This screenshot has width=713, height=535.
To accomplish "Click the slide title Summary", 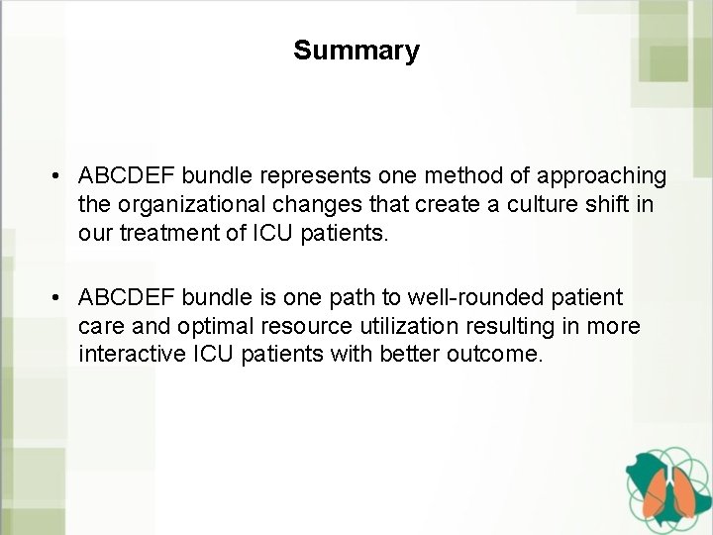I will click(x=356, y=51).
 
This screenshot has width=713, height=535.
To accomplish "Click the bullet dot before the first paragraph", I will click(x=60, y=176).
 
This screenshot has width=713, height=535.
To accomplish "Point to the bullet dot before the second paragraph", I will click(x=60, y=298).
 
